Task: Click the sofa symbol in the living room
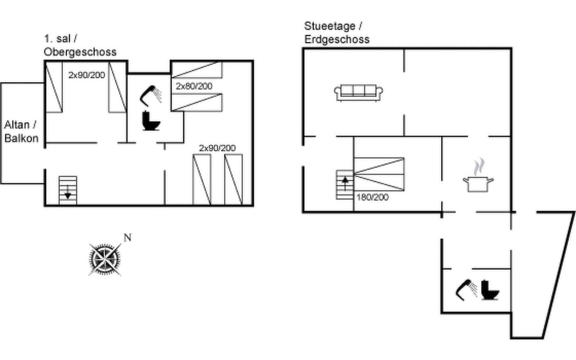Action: (358, 92)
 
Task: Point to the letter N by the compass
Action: (127, 238)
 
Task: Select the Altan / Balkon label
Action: (21, 131)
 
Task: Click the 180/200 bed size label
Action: (372, 197)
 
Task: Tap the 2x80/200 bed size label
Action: (194, 86)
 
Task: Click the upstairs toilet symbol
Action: (150, 121)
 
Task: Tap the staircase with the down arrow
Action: (68, 190)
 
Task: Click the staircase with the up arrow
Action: (345, 184)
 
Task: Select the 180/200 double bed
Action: (379, 174)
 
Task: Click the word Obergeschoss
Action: (80, 52)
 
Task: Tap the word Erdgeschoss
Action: (337, 39)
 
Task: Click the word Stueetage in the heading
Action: (329, 26)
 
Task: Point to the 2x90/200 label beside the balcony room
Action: (86, 75)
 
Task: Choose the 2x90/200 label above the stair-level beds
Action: (217, 148)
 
